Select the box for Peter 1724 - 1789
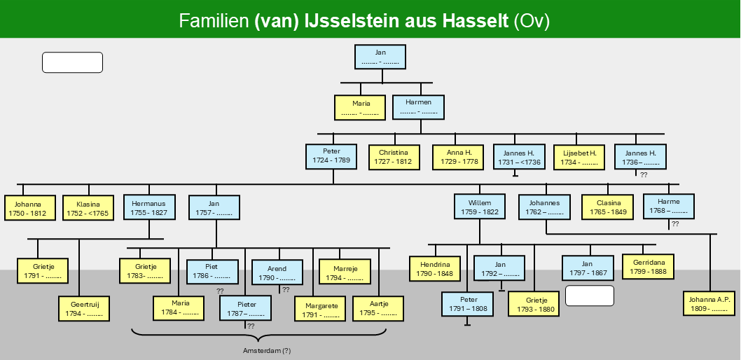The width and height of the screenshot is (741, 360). (331, 156)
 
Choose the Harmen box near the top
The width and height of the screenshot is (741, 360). (418, 107)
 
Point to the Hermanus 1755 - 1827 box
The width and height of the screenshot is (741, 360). (149, 207)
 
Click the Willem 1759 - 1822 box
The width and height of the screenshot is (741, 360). (480, 207)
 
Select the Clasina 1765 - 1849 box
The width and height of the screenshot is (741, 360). (608, 207)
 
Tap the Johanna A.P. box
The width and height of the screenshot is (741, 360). (709, 304)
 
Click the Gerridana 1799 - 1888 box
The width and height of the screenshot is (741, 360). (648, 267)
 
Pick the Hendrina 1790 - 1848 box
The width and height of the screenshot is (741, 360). (435, 269)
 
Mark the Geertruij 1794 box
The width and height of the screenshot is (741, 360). (84, 308)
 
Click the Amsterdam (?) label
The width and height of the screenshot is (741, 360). (267, 351)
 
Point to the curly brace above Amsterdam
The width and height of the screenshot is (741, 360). (258, 335)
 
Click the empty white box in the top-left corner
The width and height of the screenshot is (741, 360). (72, 62)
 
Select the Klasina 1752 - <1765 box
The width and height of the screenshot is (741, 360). (88, 208)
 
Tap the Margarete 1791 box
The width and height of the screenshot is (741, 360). (320, 308)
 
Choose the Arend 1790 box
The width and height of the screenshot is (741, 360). (277, 272)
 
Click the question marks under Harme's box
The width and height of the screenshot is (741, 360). (675, 224)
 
